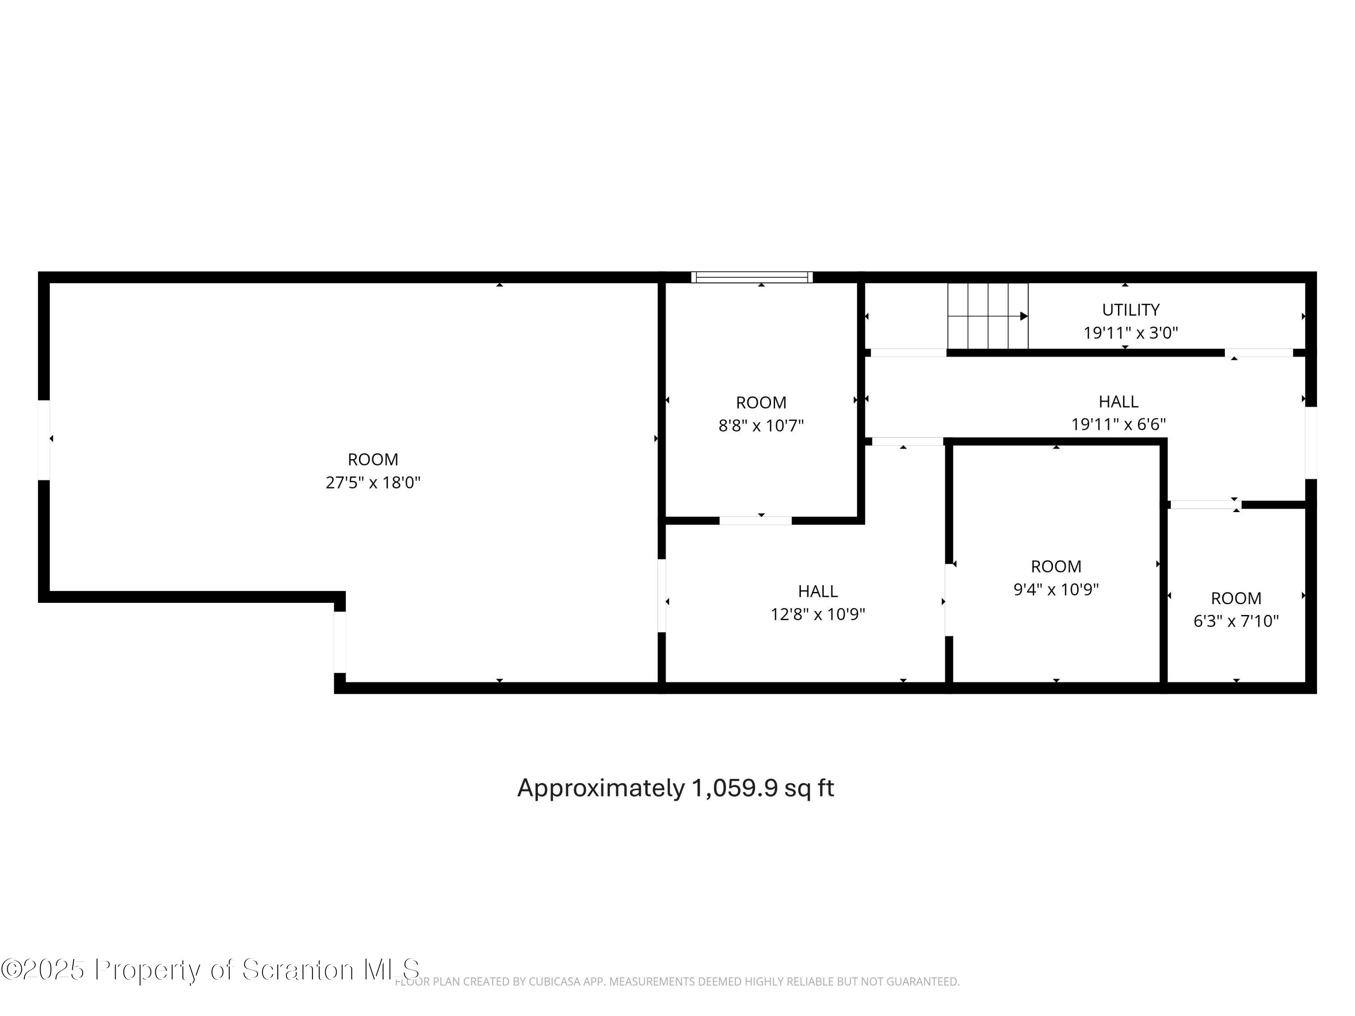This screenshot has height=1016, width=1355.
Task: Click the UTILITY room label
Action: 1130,310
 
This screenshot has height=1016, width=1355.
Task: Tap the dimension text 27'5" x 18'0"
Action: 373,483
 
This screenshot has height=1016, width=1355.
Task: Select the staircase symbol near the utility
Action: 987,316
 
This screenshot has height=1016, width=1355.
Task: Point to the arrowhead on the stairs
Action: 1023,316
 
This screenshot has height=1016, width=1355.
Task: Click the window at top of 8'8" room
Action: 752,277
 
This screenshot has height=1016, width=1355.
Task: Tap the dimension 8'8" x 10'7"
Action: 761,426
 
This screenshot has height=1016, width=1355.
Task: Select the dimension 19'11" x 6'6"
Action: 1118,424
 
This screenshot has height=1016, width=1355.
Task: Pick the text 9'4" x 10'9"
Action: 1056,589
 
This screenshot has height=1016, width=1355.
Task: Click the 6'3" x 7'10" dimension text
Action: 1236,621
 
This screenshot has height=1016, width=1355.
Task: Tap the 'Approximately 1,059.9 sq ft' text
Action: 675,788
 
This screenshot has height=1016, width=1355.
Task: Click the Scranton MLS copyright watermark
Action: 210,969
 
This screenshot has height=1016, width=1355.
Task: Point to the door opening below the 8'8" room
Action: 755,521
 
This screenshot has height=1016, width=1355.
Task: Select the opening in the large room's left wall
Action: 43,440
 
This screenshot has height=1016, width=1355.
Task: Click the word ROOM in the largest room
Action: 373,459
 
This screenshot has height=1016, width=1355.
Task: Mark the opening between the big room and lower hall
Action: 662,595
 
